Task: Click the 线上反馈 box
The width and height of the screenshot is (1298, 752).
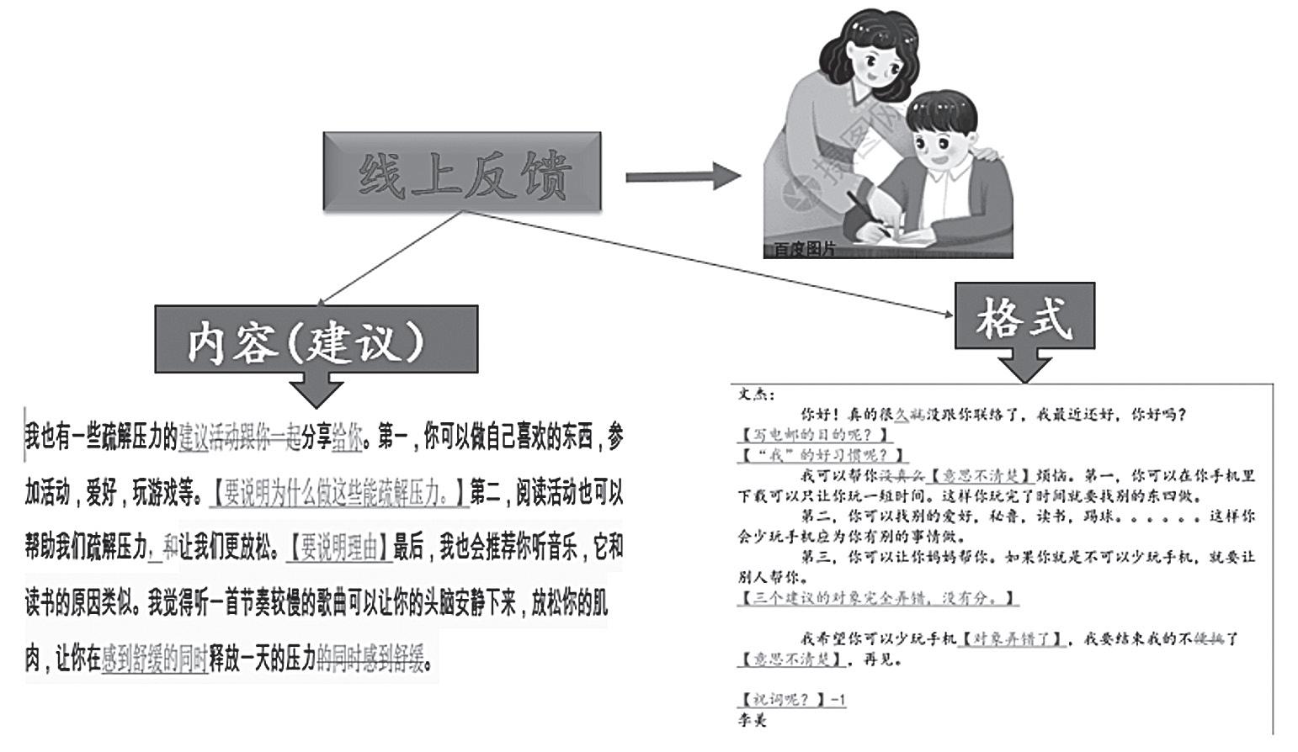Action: pyautogui.click(x=462, y=172)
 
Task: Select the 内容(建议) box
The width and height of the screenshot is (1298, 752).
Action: pyautogui.click(x=316, y=339)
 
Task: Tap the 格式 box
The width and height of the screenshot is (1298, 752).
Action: pyautogui.click(x=1024, y=316)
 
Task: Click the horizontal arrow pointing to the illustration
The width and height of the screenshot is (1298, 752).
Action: pyautogui.click(x=682, y=177)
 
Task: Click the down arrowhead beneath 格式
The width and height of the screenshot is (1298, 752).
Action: pyautogui.click(x=1024, y=367)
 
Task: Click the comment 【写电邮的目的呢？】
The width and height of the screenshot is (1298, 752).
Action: pyautogui.click(x=815, y=435)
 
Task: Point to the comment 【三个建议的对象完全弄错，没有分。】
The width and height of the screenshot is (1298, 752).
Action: pyautogui.click(x=878, y=598)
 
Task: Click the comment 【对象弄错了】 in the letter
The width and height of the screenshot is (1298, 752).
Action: pyautogui.click(x=1013, y=639)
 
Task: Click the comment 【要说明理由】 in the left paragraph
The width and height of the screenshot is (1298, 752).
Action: pyautogui.click(x=338, y=548)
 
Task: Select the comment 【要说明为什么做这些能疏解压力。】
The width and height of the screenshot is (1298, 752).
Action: pyautogui.click(x=338, y=494)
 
